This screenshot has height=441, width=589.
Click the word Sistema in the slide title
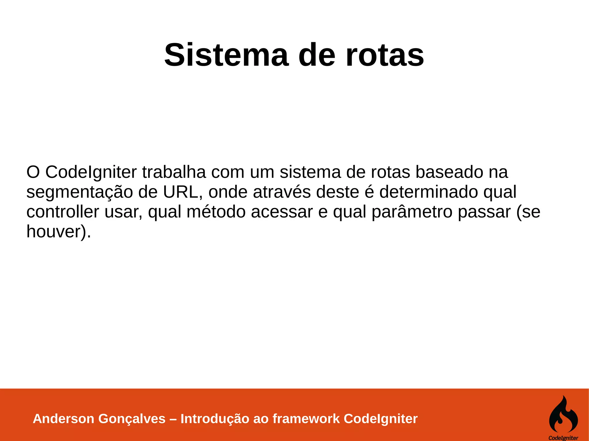tap(226, 55)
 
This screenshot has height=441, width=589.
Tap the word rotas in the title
tap(385, 55)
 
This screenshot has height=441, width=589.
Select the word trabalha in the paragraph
tap(174, 172)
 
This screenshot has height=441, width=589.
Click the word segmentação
tap(80, 192)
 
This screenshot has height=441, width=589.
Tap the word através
tap(282, 192)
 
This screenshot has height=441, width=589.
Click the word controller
tap(63, 212)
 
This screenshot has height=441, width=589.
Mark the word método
tap(216, 212)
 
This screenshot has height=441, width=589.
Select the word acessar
tap(282, 212)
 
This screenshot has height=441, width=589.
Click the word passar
tap(484, 212)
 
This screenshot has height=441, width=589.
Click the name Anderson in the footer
tap(64, 419)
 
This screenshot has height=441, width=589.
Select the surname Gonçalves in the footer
tap(132, 419)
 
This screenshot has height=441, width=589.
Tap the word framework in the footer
tap(306, 419)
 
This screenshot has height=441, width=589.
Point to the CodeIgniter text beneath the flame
tap(563, 438)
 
